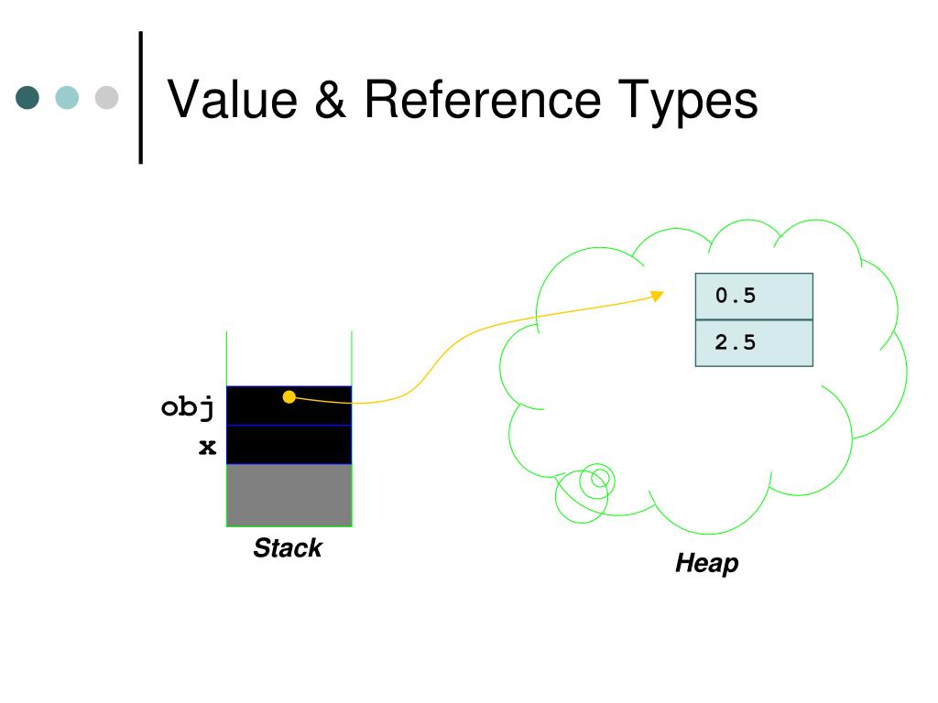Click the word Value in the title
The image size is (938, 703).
click(x=234, y=100)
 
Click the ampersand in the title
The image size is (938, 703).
click(x=332, y=100)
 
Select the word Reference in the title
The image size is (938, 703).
click(x=483, y=100)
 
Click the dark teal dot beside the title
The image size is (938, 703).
click(x=28, y=98)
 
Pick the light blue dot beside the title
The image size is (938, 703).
click(x=68, y=98)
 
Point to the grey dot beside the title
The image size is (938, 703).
click(x=107, y=98)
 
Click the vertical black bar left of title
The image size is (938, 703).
click(x=141, y=97)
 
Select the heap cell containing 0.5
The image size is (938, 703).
click(x=754, y=296)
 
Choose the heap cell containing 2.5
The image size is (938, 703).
click(x=754, y=343)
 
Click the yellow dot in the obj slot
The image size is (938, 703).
click(x=289, y=396)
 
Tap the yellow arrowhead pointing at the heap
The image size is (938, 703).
click(x=656, y=295)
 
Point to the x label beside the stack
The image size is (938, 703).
click(x=208, y=447)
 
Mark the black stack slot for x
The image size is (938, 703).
click(x=289, y=445)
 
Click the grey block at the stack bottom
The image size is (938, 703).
click(x=289, y=495)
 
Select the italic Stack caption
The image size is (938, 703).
click(x=288, y=548)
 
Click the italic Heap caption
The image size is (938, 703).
click(x=706, y=563)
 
